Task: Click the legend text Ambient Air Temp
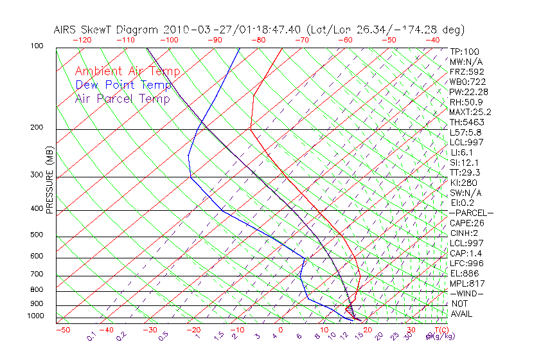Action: click(127, 71)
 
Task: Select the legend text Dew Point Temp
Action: click(123, 85)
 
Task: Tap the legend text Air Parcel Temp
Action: click(122, 98)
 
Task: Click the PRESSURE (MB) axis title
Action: click(49, 183)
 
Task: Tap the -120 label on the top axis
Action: click(82, 39)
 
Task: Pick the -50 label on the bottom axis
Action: click(62, 330)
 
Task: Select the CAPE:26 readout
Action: click(466, 223)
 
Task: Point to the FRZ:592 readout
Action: click(466, 72)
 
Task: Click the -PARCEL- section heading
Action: click(471, 213)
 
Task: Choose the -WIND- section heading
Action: click(466, 293)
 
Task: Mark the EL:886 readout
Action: click(465, 273)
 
